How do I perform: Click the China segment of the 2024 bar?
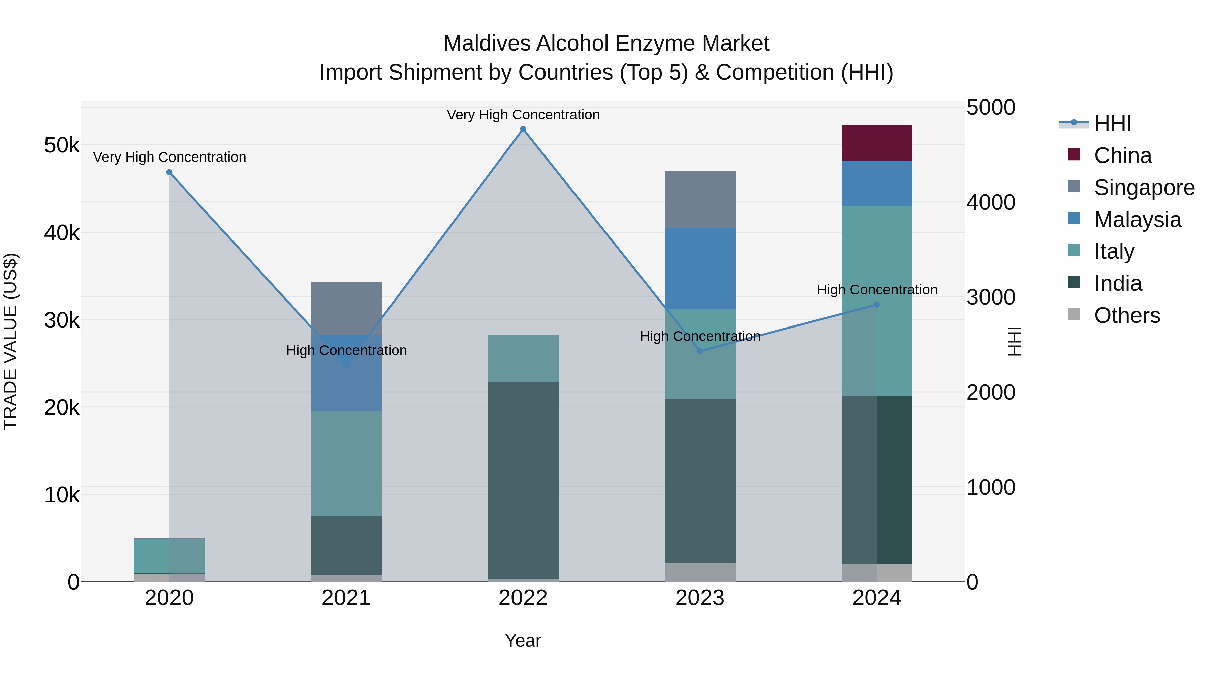(876, 143)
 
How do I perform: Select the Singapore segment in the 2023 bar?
(700, 199)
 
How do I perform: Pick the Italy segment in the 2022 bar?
(523, 358)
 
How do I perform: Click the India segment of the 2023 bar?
(700, 481)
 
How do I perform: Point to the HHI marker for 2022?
(523, 129)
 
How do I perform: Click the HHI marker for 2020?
(169, 172)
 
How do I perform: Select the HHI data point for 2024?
(876, 305)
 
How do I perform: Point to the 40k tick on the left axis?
(62, 233)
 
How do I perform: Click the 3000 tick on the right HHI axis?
(990, 297)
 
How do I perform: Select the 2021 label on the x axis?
(346, 598)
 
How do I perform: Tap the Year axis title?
(523, 641)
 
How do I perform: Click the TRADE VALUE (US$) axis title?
(11, 341)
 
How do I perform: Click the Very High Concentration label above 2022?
(523, 115)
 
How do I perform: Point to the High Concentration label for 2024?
(876, 289)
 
